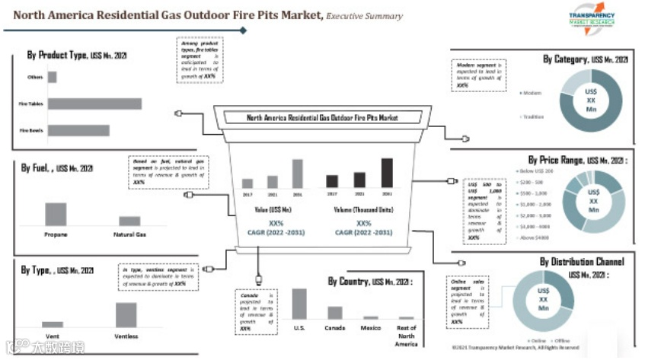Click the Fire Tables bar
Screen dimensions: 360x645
coord(94,104)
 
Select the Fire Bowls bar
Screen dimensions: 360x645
coord(78,130)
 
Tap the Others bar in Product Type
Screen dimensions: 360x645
coord(53,77)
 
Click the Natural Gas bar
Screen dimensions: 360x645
coord(129,221)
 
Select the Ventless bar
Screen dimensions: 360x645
coord(126,314)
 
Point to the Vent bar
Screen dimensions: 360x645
coord(53,323)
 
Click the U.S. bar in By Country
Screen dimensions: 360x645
coord(299,303)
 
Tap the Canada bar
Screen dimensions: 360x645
coord(335,312)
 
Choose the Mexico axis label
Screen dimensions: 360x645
coord(371,328)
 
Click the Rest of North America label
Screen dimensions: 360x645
coord(407,336)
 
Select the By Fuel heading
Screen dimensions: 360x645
coord(57,167)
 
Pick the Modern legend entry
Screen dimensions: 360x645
coord(530,93)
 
